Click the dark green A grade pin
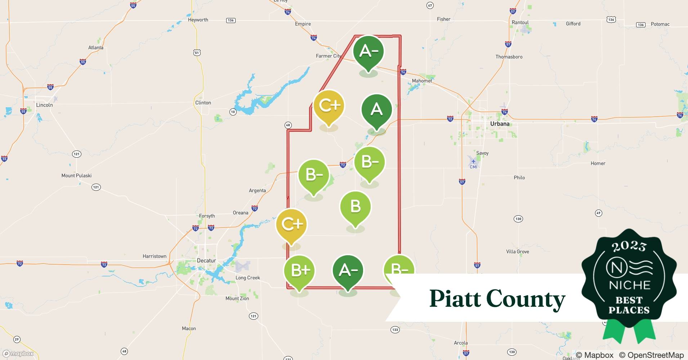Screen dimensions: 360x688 [x=376, y=109]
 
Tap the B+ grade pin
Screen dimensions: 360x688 [x=299, y=271]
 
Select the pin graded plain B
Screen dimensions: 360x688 [x=355, y=207]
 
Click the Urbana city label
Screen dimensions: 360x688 [x=500, y=124]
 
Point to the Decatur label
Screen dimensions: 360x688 [x=206, y=261]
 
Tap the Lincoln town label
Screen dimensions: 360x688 [x=44, y=105]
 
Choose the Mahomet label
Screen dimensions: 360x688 [x=422, y=81]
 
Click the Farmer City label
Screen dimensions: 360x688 [x=329, y=56]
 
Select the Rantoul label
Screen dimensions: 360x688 [x=520, y=22]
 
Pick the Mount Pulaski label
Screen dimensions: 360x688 [x=76, y=176]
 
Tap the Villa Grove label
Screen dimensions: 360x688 [x=517, y=252]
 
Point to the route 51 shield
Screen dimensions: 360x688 [x=197, y=53]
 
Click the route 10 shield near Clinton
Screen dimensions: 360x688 [x=233, y=112]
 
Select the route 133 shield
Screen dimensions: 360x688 [x=395, y=330]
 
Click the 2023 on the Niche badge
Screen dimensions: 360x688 [x=629, y=246]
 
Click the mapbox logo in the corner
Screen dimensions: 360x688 [x=18, y=354]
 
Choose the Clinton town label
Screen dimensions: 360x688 [x=203, y=103]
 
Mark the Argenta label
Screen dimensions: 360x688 [x=257, y=191]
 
